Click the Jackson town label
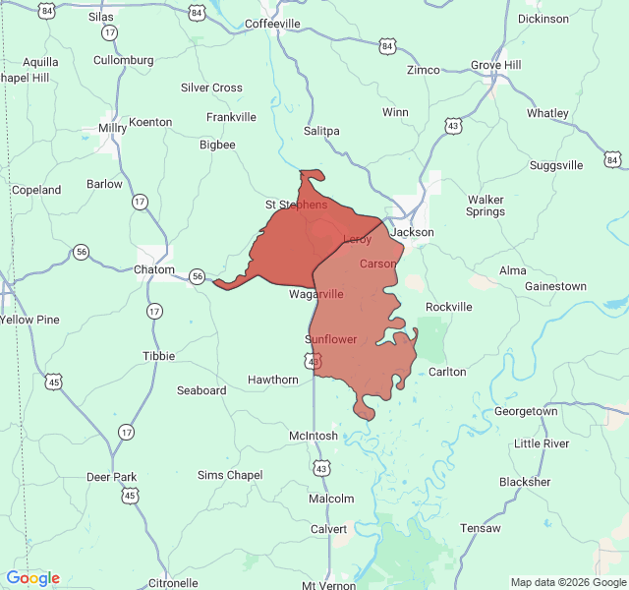pyautogui.click(x=412, y=232)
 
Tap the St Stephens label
pyautogui.click(x=296, y=205)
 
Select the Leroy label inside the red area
pyautogui.click(x=357, y=240)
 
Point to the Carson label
pyautogui.click(x=378, y=264)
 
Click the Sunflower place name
pyautogui.click(x=330, y=339)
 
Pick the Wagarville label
pyautogui.click(x=316, y=294)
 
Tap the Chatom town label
pyautogui.click(x=154, y=269)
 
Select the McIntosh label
pyautogui.click(x=314, y=436)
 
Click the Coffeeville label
pyautogui.click(x=272, y=23)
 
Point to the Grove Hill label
pyautogui.click(x=496, y=65)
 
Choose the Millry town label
pyautogui.click(x=112, y=128)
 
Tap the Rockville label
pyautogui.click(x=448, y=307)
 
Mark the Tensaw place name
pyautogui.click(x=479, y=528)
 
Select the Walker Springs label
pyautogui.click(x=485, y=206)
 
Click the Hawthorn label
pyautogui.click(x=272, y=380)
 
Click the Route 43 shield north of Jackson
pyautogui.click(x=452, y=126)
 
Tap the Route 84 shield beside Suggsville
pyautogui.click(x=612, y=159)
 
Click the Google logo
pyautogui.click(x=32, y=578)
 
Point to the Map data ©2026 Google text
pyautogui.click(x=567, y=582)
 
